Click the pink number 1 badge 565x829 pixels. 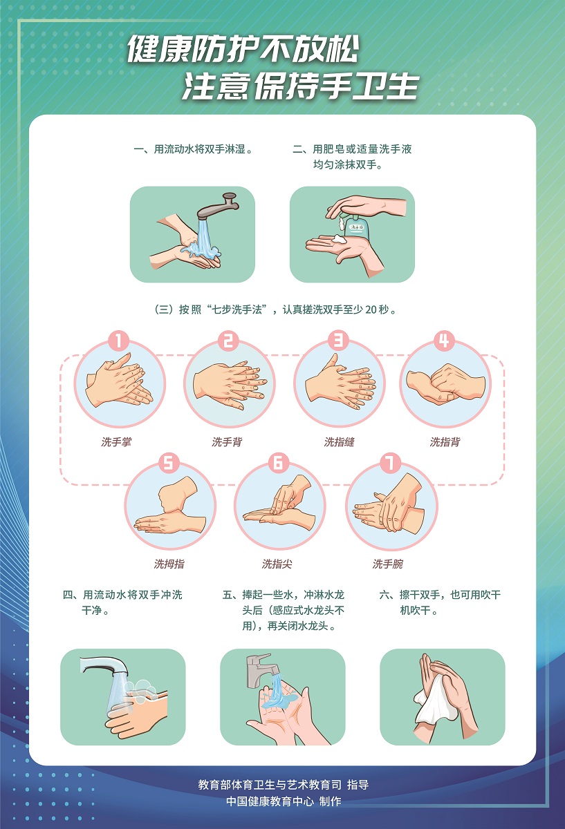(x=118, y=341)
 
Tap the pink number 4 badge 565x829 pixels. (x=444, y=341)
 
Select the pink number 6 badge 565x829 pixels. (x=278, y=464)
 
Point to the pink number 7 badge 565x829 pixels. (x=391, y=464)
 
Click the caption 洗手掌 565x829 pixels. (x=116, y=442)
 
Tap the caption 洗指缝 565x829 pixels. (x=339, y=442)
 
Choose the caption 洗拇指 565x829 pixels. (x=169, y=564)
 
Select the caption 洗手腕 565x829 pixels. (x=387, y=564)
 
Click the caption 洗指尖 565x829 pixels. (x=277, y=564)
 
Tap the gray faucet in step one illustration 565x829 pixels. (x=217, y=206)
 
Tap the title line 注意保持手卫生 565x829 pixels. (x=300, y=86)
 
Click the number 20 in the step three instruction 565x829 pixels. (x=370, y=309)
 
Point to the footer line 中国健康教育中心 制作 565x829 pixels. (x=284, y=801)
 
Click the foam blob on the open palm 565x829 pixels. (x=339, y=239)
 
